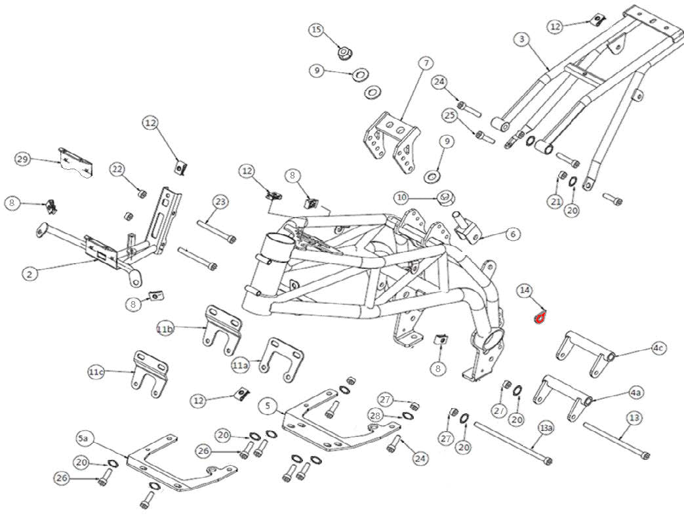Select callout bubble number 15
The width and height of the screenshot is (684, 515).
click(317, 30)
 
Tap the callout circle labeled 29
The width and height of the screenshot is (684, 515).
click(23, 159)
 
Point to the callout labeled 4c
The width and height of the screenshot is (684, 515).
click(658, 348)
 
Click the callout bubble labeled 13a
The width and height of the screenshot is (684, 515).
click(546, 428)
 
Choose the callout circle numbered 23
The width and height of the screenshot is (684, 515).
click(220, 201)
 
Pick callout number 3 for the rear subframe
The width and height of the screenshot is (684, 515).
click(522, 39)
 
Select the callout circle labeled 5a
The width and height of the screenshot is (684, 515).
click(84, 438)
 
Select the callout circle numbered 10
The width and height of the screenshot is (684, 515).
click(401, 197)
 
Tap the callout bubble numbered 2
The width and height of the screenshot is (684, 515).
click(29, 274)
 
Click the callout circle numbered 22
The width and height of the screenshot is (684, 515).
click(117, 169)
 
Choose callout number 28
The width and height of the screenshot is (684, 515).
click(375, 416)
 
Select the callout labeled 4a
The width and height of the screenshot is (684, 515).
click(635, 392)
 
